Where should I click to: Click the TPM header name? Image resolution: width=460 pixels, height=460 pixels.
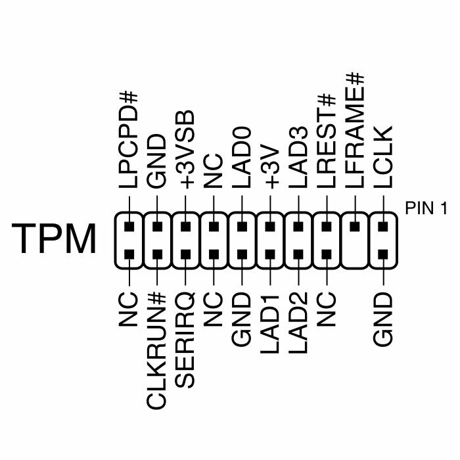pyautogui.click(x=55, y=239)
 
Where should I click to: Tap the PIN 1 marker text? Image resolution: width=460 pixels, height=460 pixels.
pyautogui.click(x=426, y=209)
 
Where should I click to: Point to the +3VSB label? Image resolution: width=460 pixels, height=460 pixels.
pyautogui.click(x=185, y=150)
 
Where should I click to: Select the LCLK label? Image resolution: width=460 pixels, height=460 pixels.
pyautogui.click(x=383, y=158)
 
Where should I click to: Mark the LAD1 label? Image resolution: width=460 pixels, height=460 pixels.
pyautogui.click(x=270, y=324)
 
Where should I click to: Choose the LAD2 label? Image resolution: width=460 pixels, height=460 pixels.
pyautogui.click(x=298, y=324)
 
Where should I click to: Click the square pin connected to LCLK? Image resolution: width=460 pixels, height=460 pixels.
pyautogui.click(x=383, y=227)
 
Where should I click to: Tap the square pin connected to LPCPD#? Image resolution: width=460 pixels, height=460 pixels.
pyautogui.click(x=129, y=227)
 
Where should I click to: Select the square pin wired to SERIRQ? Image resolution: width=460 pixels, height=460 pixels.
pyautogui.click(x=185, y=254)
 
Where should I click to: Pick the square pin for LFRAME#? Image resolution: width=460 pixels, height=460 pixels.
pyautogui.click(x=355, y=227)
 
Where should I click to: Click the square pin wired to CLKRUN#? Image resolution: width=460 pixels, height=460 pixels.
pyautogui.click(x=157, y=254)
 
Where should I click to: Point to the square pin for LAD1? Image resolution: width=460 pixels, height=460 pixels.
pyautogui.click(x=270, y=254)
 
